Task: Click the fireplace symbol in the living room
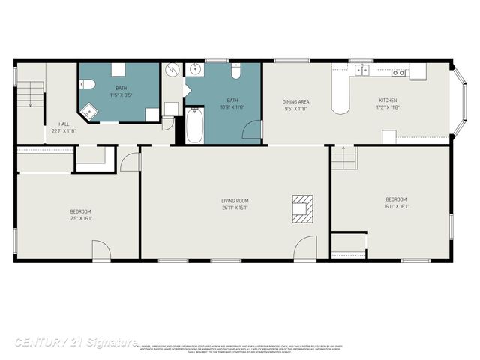pos(303,209)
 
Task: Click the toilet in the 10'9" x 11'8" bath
pos(235,72)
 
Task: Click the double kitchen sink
pos(363,71)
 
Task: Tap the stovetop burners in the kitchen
pos(398,73)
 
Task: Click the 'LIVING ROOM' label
pos(235,201)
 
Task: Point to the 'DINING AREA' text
pos(295,101)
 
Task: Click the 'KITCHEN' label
pos(388,100)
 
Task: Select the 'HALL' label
pos(64,124)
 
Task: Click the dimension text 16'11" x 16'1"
pos(396,206)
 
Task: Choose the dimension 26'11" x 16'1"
pos(235,208)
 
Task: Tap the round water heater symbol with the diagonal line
pos(172,70)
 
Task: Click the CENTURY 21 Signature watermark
pos(76,342)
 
